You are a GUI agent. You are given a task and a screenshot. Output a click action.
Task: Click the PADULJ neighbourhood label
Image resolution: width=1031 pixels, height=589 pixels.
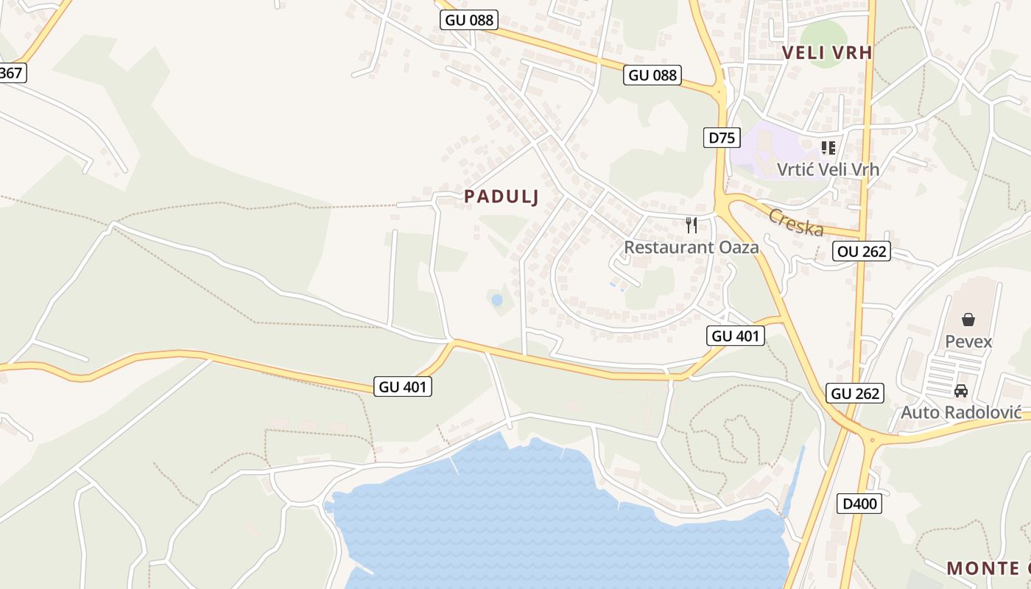[502, 197]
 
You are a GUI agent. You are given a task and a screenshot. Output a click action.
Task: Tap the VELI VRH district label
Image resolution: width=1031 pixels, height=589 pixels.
[827, 52]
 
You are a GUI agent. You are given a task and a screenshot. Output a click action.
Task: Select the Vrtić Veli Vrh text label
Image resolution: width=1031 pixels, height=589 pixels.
[828, 169]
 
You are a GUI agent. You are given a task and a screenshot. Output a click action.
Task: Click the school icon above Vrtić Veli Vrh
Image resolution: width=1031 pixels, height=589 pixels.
[828, 148]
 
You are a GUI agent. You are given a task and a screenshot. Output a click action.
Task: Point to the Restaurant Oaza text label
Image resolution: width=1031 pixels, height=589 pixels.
[691, 247]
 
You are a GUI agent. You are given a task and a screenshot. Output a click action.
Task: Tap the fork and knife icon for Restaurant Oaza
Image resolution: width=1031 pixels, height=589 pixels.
[691, 225]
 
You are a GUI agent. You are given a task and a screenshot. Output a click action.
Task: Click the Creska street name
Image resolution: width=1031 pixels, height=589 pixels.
[796, 222]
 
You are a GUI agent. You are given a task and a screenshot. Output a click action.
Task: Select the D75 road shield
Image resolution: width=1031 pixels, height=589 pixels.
[721, 138]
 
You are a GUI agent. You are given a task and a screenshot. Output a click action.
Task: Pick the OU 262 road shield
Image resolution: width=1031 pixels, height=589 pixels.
[862, 251]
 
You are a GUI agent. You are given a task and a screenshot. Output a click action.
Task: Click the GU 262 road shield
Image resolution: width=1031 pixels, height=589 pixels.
[855, 393]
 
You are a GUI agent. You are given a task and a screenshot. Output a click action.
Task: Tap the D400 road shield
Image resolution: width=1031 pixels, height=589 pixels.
[859, 504]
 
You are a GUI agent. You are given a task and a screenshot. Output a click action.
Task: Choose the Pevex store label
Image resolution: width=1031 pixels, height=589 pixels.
[968, 342]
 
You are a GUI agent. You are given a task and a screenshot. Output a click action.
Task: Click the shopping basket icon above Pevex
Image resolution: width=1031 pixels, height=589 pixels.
[968, 320]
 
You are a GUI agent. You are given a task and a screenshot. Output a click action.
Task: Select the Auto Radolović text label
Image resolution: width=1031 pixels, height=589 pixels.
[960, 412]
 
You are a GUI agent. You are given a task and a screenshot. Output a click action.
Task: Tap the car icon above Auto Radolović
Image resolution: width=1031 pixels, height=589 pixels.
[960, 391]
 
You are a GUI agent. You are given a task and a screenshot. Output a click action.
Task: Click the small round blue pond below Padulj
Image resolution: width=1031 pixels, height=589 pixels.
[496, 300]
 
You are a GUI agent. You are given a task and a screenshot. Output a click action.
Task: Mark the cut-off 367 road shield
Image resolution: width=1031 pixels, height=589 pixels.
[12, 73]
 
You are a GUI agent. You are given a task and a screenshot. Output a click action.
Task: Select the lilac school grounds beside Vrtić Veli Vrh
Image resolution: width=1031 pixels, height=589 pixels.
[766, 151]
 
